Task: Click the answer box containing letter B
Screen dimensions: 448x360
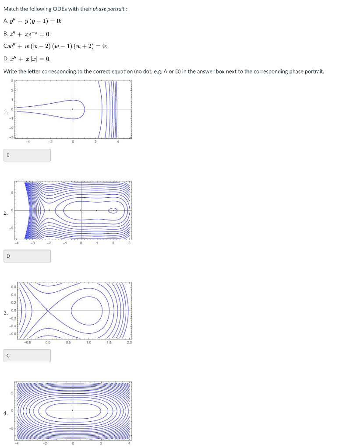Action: coord(27,155)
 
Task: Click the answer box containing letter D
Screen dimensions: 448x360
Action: coord(27,256)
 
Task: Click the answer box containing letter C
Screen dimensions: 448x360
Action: coord(27,356)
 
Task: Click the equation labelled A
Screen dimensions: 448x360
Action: coord(32,21)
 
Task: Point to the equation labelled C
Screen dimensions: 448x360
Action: coord(55,46)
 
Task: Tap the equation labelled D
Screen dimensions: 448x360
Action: coord(27,59)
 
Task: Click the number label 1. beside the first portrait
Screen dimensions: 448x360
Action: coord(5,112)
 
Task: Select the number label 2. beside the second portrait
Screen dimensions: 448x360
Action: coord(5,213)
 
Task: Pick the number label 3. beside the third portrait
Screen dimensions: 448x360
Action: coord(5,313)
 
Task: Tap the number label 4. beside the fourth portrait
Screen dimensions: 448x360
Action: coord(5,413)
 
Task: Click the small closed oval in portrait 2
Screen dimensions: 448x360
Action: coord(113,210)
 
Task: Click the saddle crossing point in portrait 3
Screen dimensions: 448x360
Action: coord(48,311)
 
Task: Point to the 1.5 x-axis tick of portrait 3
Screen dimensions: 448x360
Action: coord(108,343)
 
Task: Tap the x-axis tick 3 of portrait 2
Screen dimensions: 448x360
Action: coord(129,243)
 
